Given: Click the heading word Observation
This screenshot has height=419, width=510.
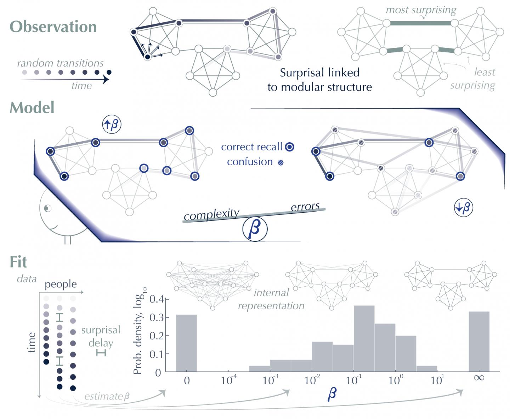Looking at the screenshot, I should click(53, 27).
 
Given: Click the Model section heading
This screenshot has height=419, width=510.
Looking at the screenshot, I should click(32, 108).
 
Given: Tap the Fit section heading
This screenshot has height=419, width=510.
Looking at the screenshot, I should click(18, 262).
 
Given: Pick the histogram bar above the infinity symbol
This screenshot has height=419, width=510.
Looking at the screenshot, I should click(479, 341).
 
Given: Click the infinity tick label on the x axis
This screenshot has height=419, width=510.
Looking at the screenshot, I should click(479, 378).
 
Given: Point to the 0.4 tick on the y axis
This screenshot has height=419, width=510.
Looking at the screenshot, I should click(156, 299).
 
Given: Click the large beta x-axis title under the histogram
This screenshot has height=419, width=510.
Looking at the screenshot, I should click(331, 394).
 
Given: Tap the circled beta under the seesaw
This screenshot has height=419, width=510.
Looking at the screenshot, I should click(255, 229).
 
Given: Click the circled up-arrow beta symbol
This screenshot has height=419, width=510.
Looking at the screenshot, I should click(112, 125).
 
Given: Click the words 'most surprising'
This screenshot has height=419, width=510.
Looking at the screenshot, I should click(421, 10).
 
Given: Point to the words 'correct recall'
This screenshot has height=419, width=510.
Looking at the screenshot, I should click(251, 147).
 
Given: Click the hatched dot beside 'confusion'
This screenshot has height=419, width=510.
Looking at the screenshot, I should click(280, 163).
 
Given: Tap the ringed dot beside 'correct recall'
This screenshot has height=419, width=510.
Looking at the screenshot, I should click(290, 147).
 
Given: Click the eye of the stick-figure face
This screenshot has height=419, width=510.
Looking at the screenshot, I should click(47, 208).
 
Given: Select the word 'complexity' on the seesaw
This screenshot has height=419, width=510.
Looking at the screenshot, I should click(211, 214).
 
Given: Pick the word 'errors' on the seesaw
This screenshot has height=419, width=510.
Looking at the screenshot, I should click(305, 207).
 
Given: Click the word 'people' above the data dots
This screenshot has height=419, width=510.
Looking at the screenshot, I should click(61, 284).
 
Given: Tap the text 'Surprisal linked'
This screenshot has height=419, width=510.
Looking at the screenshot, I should click(319, 73).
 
